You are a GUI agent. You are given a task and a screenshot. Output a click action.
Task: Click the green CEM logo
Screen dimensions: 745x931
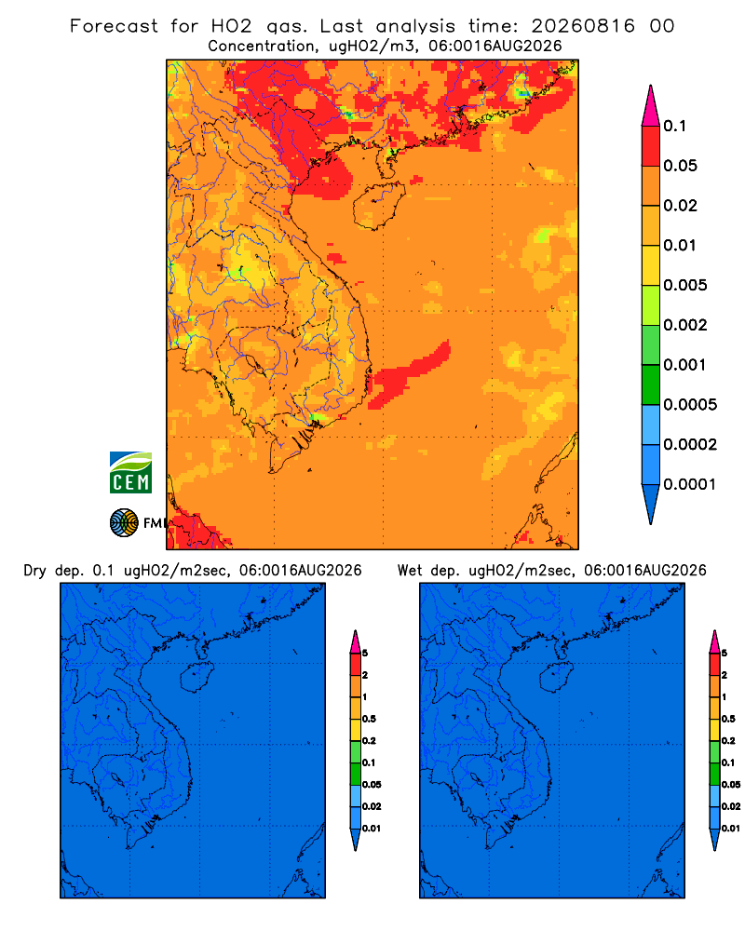[x=130, y=473]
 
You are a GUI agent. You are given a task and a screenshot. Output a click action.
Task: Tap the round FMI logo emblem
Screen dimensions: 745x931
[x=124, y=523]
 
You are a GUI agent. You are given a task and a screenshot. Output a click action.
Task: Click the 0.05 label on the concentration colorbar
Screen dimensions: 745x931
[x=680, y=166]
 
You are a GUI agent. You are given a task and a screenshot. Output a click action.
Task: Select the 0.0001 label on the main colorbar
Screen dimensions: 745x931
[x=690, y=484]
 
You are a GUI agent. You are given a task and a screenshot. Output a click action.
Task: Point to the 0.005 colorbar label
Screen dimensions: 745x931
[x=685, y=285]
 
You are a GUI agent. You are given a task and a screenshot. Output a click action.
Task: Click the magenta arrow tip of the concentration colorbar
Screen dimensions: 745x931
[x=651, y=105]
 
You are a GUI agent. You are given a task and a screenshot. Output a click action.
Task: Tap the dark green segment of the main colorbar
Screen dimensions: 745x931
[x=651, y=385]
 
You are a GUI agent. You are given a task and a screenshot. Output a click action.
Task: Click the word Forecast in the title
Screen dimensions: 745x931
[x=114, y=26]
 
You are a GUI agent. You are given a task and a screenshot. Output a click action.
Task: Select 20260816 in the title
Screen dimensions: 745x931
[x=583, y=26]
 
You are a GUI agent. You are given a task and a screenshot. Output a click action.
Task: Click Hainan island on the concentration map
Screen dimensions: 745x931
[x=379, y=206]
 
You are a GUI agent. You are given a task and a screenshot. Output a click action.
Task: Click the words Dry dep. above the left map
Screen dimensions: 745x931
[x=53, y=571]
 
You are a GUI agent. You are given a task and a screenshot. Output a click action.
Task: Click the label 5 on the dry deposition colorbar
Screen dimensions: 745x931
[x=365, y=654]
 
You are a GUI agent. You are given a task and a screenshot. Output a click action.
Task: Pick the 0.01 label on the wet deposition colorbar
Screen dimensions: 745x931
[x=731, y=829]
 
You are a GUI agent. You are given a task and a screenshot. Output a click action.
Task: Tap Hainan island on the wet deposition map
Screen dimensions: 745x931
[x=556, y=678]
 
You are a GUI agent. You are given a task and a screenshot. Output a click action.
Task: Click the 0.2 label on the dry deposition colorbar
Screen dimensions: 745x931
[x=369, y=741]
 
